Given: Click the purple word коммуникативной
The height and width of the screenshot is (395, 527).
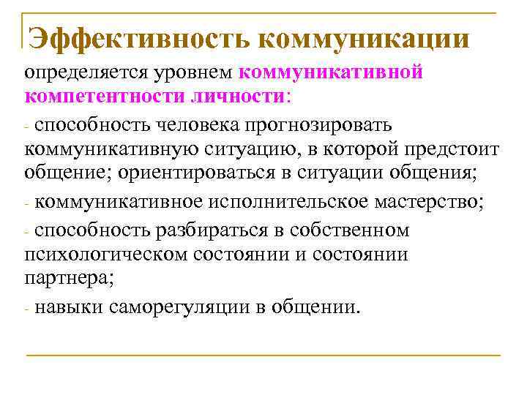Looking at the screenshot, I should tap(332, 73).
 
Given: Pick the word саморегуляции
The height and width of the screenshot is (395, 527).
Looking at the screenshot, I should tap(182, 306).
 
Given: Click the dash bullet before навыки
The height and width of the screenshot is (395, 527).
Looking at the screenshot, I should tap(27, 308).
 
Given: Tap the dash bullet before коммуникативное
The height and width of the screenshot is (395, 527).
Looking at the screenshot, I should tap(27, 204).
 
